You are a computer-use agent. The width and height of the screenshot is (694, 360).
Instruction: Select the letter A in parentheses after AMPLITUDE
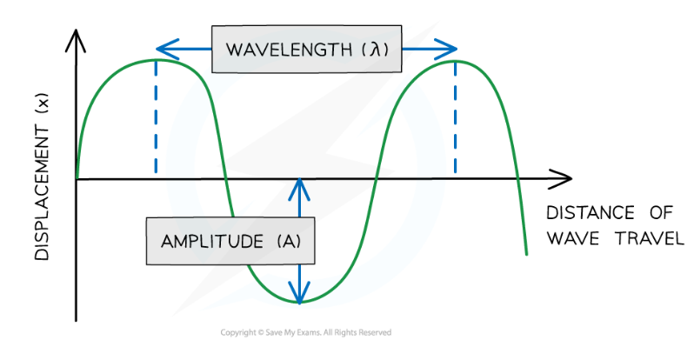point(289,240)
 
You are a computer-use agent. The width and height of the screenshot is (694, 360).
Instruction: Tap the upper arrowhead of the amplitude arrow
point(300,184)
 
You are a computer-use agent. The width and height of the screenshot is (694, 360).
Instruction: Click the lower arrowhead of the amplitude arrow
point(300,297)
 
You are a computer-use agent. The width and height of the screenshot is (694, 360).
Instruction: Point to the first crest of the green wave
point(157,59)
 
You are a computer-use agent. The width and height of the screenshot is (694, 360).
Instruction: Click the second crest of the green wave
point(456,61)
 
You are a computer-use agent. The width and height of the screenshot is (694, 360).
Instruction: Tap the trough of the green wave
point(300,303)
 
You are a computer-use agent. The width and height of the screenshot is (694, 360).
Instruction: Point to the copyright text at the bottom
point(305,332)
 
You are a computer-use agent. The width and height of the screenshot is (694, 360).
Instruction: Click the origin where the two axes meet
point(77,180)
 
